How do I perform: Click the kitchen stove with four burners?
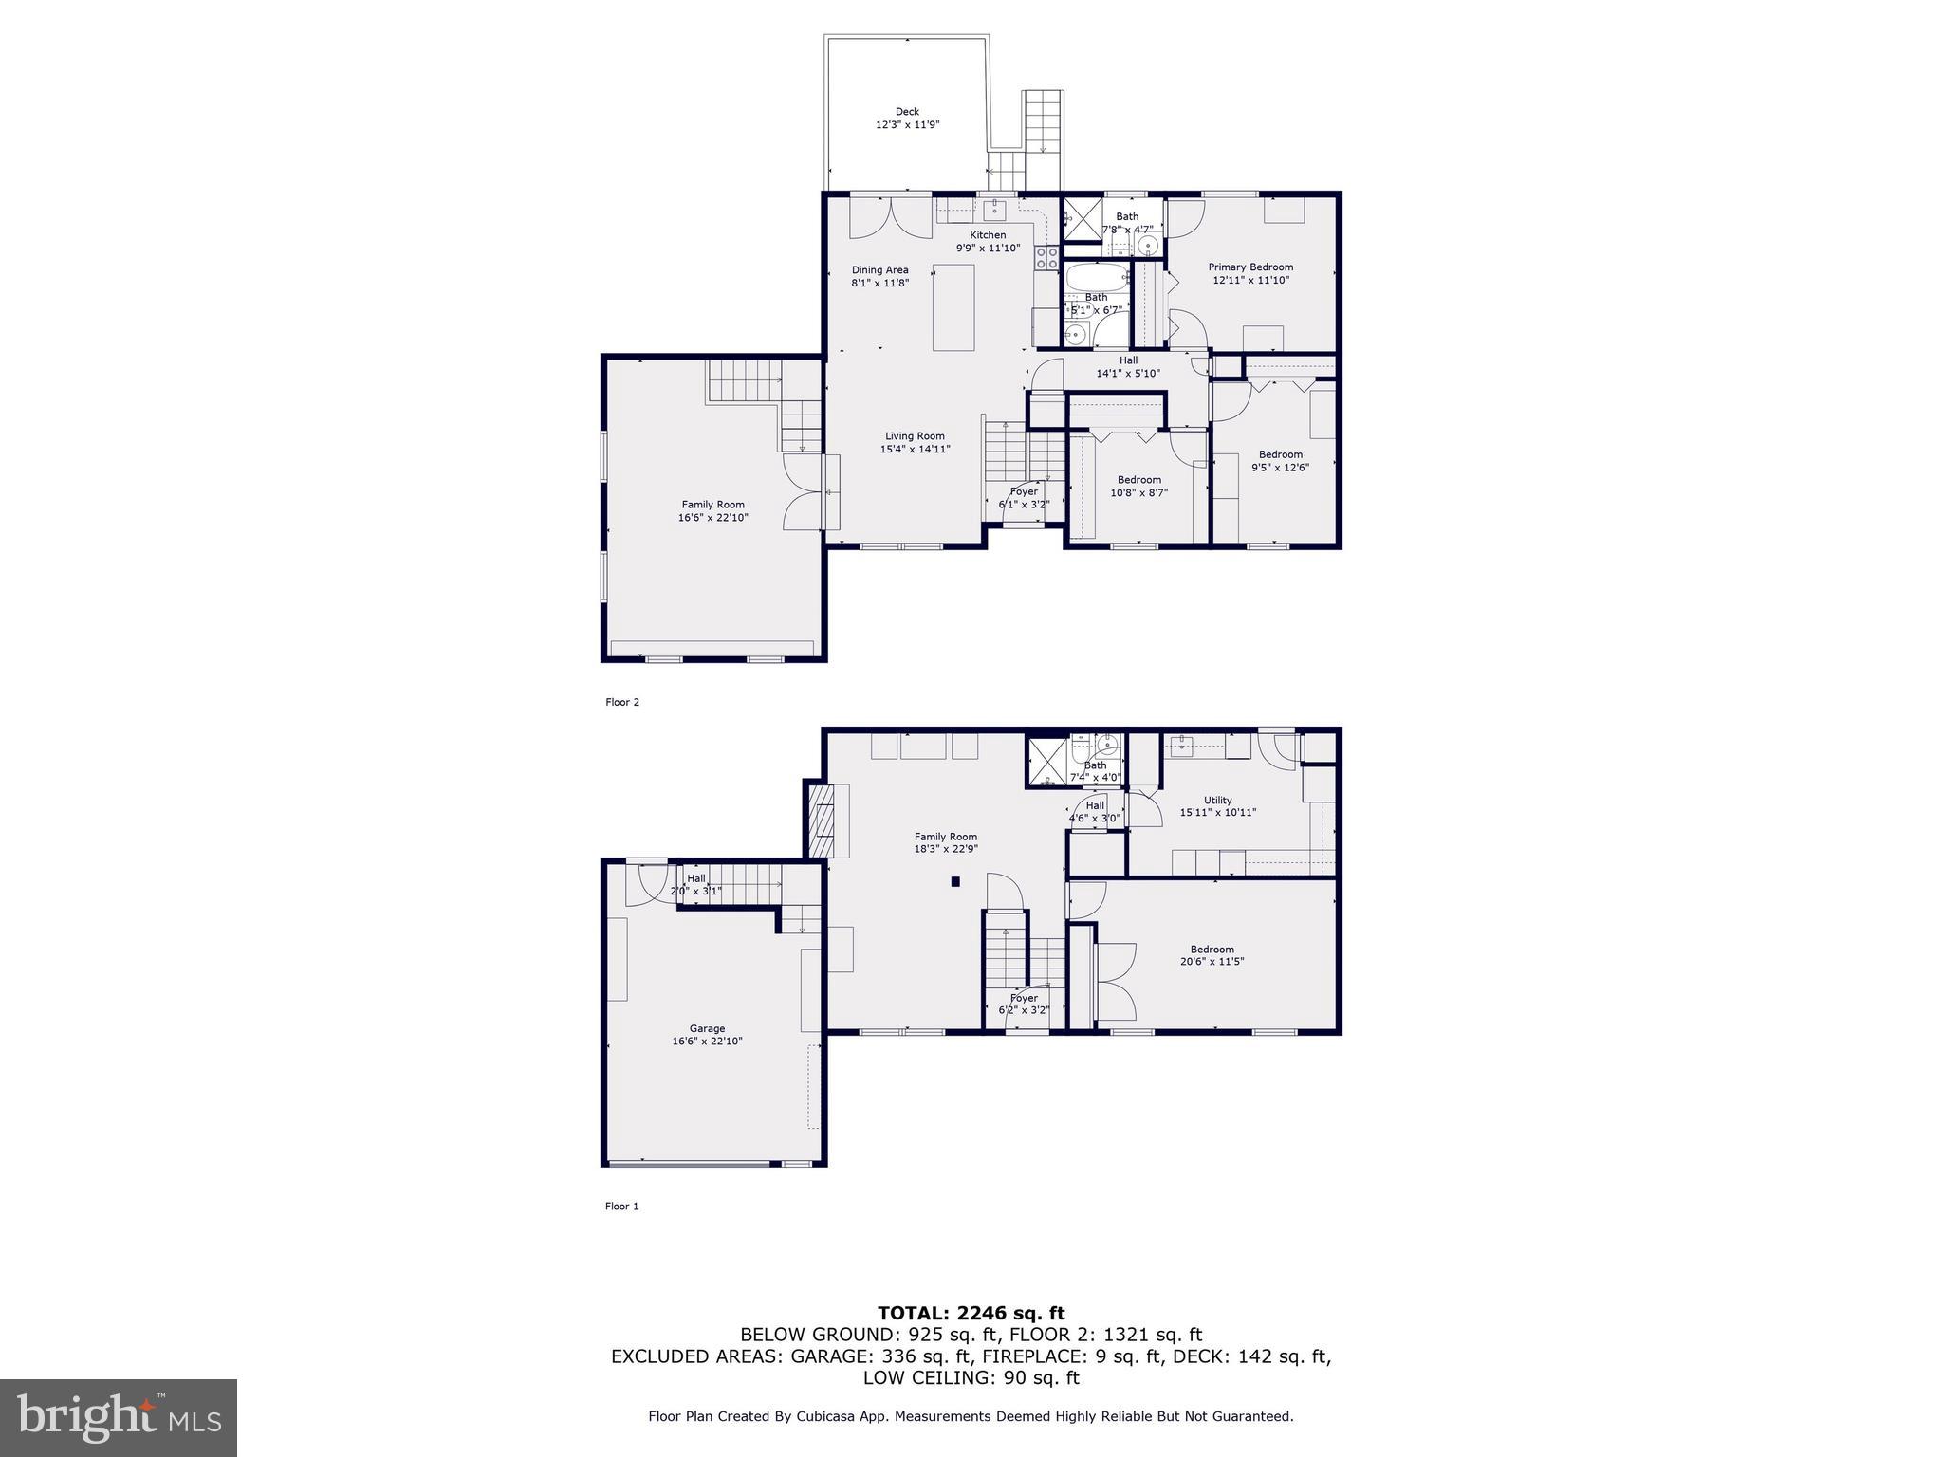(x=1046, y=258)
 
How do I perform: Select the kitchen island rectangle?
(x=953, y=307)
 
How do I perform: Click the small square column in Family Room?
(x=956, y=882)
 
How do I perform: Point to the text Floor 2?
(x=622, y=702)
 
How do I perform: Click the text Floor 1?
(x=622, y=1207)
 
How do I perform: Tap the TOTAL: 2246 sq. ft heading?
(x=971, y=1313)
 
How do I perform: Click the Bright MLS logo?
(x=119, y=1417)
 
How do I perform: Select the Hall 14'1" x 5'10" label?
(x=1127, y=366)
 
